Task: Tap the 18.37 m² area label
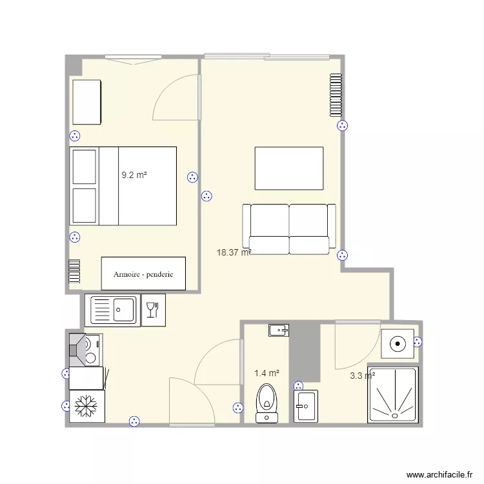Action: pyautogui.click(x=234, y=253)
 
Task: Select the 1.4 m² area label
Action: pyautogui.click(x=267, y=373)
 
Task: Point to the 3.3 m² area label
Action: pyautogui.click(x=362, y=376)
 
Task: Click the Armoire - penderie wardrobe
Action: pyautogui.click(x=143, y=274)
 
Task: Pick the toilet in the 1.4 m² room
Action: pyautogui.click(x=266, y=402)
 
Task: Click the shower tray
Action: pyautogui.click(x=392, y=395)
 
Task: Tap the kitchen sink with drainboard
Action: pyautogui.click(x=113, y=310)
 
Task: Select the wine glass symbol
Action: pyautogui.click(x=153, y=310)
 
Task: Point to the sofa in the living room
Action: pyautogui.click(x=289, y=228)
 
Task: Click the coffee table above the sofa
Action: pyautogui.click(x=289, y=168)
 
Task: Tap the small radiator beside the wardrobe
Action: pyautogui.click(x=74, y=271)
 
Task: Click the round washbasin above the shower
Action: pyautogui.click(x=398, y=344)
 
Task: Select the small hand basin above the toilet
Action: pyautogui.click(x=279, y=330)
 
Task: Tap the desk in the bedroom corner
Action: pyautogui.click(x=86, y=102)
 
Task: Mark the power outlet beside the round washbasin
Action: pyautogui.click(x=418, y=343)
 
